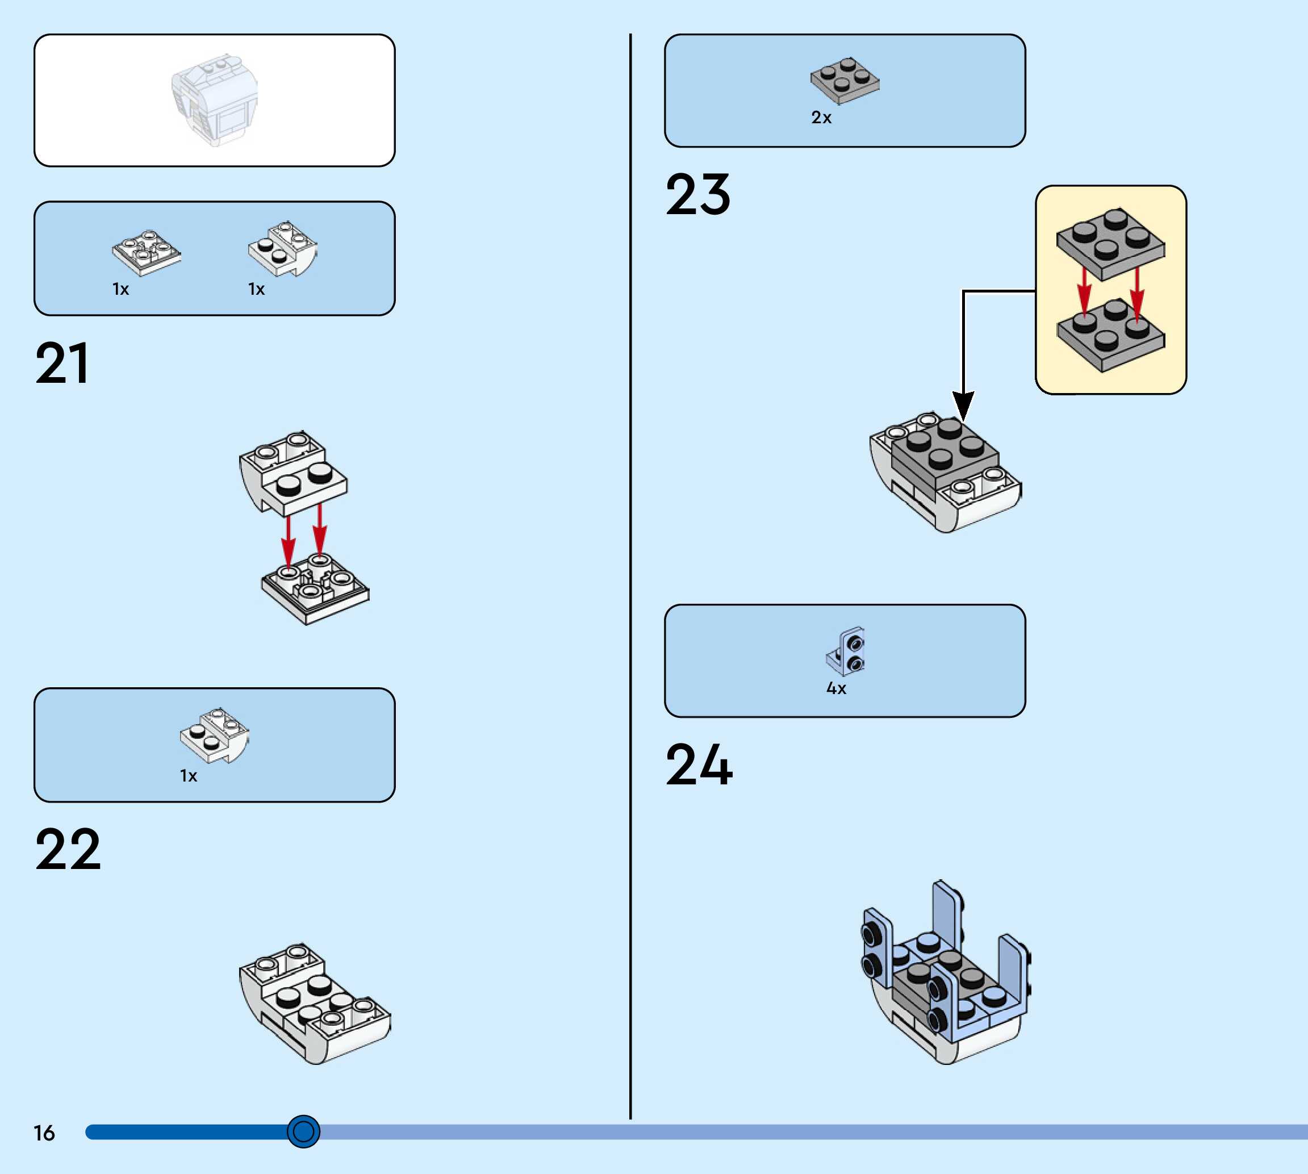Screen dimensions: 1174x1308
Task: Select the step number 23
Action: coord(698,194)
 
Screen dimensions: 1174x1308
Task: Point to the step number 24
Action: coord(699,765)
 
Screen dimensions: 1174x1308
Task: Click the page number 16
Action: coord(44,1133)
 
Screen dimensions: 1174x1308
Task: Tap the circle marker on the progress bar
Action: coord(303,1131)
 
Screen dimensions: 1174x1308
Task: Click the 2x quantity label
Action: coord(821,118)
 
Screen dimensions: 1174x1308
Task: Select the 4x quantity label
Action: coord(836,688)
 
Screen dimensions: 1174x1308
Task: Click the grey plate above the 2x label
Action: coord(845,81)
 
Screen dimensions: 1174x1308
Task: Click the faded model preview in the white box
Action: coord(215,100)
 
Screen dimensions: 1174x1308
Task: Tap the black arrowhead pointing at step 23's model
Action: coord(963,405)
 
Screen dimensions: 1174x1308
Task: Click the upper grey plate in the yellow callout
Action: coord(1111,244)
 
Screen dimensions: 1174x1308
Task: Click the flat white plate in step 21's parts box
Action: coord(147,252)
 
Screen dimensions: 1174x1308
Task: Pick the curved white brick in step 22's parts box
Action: coord(214,736)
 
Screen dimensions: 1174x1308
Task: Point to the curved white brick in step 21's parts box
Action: coord(282,249)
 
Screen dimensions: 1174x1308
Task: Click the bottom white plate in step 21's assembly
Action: coord(315,588)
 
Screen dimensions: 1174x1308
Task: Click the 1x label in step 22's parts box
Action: coord(189,775)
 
